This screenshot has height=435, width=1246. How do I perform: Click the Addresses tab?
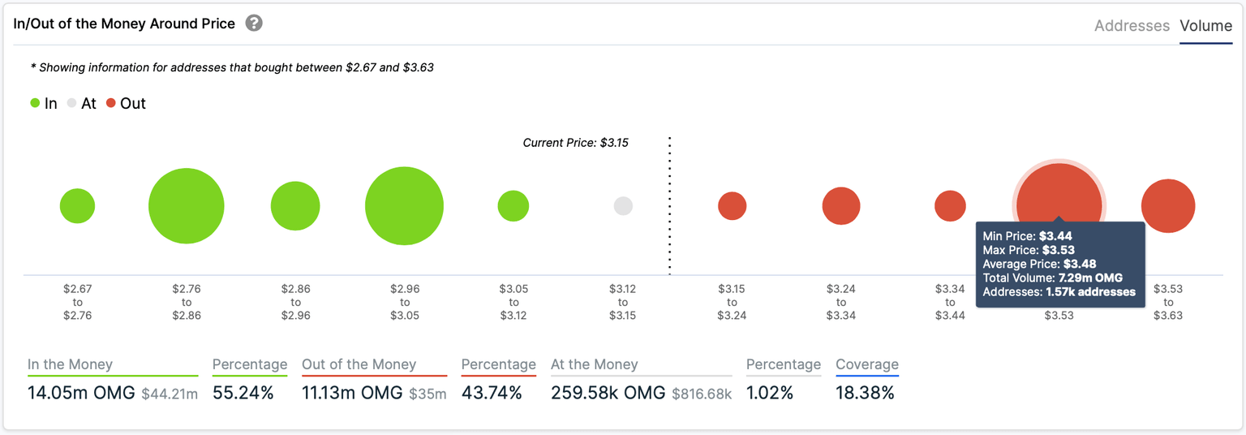coord(1132,26)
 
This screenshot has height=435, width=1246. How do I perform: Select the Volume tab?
coord(1205,26)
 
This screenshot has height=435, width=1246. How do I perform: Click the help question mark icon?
coord(254,24)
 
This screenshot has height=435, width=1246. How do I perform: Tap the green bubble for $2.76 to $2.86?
coord(187,206)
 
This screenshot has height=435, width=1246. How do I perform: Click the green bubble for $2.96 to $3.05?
coord(404,206)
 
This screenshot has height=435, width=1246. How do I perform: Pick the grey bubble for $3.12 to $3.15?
coord(623,206)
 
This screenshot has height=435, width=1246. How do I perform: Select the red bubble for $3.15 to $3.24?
coord(732,206)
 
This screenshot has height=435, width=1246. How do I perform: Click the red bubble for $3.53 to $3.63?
coord(1168,206)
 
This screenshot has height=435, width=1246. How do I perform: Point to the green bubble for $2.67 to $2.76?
coord(77,206)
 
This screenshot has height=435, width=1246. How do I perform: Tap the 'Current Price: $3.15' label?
coord(575,143)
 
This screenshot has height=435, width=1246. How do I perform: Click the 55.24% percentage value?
coord(243,394)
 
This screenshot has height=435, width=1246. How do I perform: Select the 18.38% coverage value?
coord(865,394)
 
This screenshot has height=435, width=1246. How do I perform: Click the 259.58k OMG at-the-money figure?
coord(608,394)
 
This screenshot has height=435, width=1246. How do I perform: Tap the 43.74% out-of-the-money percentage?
coord(492,394)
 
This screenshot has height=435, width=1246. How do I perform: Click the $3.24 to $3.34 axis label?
coord(841,302)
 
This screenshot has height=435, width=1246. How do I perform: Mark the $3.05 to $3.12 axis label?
coord(513,302)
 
